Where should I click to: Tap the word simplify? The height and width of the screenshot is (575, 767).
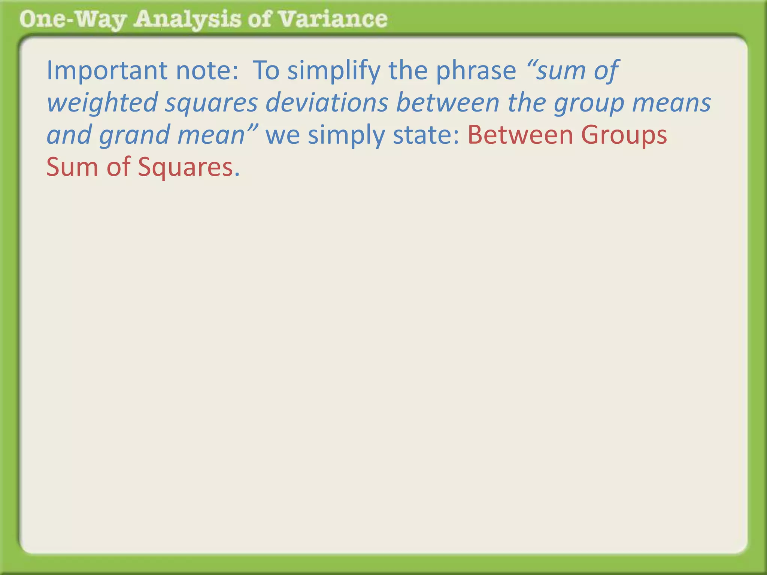pyautogui.click(x=333, y=71)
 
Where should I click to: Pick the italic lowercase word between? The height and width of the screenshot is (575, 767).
pyautogui.click(x=448, y=103)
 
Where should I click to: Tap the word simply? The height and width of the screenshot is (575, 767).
pyautogui.click(x=346, y=135)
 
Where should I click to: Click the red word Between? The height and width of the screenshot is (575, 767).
pyautogui.click(x=520, y=135)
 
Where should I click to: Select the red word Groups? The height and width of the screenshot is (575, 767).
pyautogui.click(x=624, y=135)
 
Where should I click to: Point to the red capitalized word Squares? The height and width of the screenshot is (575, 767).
pyautogui.click(x=186, y=167)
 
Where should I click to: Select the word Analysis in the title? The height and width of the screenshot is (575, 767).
pyautogui.click(x=187, y=19)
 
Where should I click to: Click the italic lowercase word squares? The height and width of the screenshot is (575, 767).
pyautogui.click(x=211, y=103)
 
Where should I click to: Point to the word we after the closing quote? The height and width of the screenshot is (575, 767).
pyautogui.click(x=283, y=135)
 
